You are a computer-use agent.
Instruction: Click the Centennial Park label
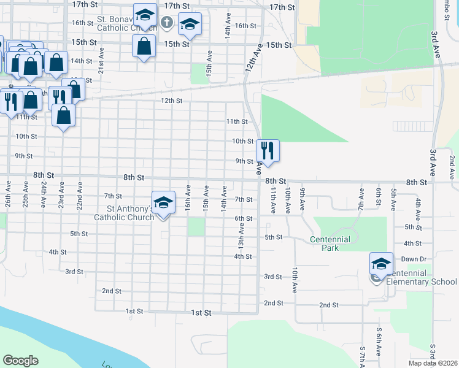tap(330, 243)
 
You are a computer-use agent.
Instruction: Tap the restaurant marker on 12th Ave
tap(268, 150)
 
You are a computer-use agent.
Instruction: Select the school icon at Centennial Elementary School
tap(381, 264)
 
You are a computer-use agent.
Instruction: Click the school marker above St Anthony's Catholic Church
tap(163, 202)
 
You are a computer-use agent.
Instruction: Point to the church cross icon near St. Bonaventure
tap(166, 23)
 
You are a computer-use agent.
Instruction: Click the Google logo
tap(20, 361)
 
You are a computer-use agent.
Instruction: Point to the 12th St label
tap(172, 101)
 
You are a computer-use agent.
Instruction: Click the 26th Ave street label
tap(8, 193)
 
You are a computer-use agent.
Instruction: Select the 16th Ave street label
tap(188, 194)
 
